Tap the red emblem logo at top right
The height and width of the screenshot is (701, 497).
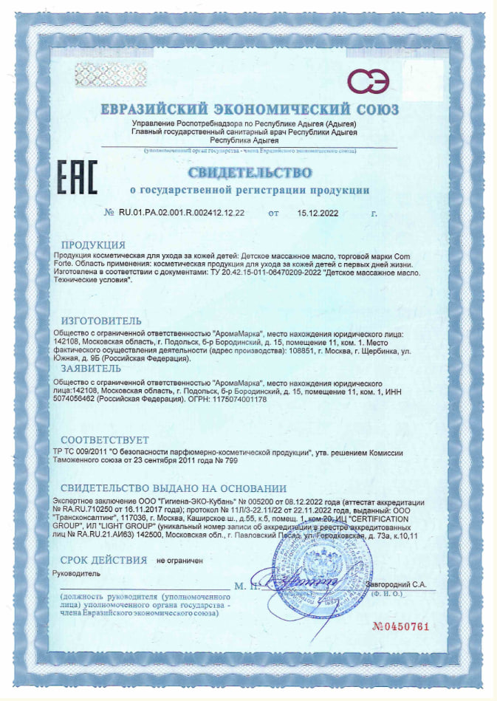pyautogui.click(x=369, y=82)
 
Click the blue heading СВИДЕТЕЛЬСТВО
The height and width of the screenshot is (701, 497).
pyautogui.click(x=250, y=174)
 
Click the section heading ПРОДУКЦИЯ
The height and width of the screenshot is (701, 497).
pyautogui.click(x=93, y=245)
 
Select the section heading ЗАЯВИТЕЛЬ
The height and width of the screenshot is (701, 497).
pyautogui.click(x=91, y=367)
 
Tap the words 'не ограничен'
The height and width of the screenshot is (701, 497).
pyautogui.click(x=180, y=561)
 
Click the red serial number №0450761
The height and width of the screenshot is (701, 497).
pyautogui.click(x=400, y=627)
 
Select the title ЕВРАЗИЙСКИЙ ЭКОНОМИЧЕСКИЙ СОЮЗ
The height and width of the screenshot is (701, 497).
pyautogui.click(x=250, y=109)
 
